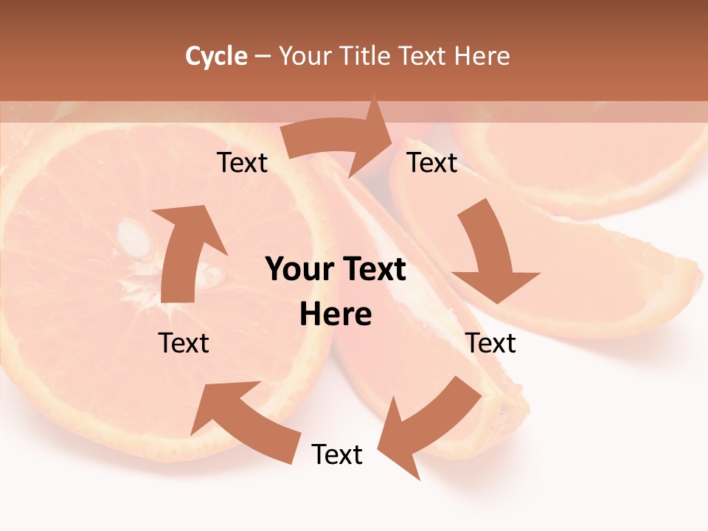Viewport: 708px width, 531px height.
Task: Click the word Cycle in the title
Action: click(x=216, y=56)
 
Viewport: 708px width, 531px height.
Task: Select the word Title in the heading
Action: click(x=367, y=56)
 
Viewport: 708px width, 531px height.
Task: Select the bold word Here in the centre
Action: click(x=336, y=314)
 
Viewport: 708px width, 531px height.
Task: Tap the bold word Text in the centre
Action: click(x=372, y=270)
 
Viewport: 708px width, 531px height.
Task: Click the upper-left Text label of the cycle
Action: click(x=243, y=162)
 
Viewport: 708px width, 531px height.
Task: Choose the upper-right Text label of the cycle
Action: click(x=433, y=162)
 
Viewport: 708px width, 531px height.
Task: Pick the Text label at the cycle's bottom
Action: click(x=337, y=454)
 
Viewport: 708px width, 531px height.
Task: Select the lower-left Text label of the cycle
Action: click(x=184, y=343)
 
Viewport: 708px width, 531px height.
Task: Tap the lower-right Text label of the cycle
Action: click(x=491, y=343)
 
